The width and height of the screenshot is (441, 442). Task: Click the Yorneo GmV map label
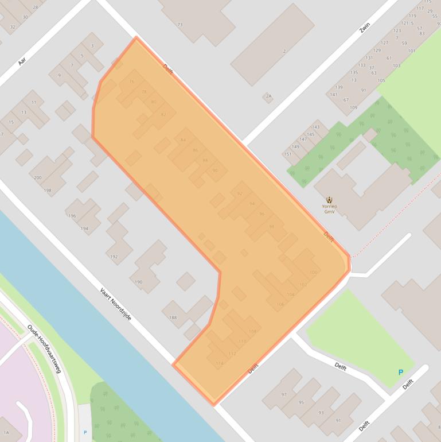point(329,208)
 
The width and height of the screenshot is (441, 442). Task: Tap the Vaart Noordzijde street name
point(116,304)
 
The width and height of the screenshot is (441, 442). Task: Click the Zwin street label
point(365,29)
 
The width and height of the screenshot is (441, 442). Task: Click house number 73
point(180,25)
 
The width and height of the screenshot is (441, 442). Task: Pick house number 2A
point(268,96)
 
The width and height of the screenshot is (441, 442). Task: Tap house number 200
point(38,178)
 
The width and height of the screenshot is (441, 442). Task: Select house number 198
point(48,190)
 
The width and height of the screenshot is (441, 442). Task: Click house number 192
point(114,257)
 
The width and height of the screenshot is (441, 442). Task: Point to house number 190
point(138,282)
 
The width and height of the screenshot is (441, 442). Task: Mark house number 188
point(173,317)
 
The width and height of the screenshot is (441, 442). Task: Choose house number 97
point(284,394)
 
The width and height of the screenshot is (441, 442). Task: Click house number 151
point(288,154)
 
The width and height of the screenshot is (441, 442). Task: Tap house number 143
point(315,127)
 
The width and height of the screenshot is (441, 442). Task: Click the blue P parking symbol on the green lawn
point(400,373)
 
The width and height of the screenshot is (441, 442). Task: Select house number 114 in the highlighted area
point(219,363)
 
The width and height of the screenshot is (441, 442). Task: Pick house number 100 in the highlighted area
point(313,272)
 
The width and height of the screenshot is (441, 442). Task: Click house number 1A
point(6,432)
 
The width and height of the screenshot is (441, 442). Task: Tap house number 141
point(333,94)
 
